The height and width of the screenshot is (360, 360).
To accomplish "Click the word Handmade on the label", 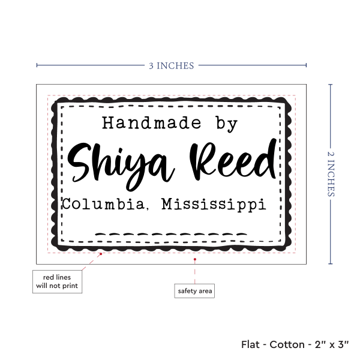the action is [152, 123].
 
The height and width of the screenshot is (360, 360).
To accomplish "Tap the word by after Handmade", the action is [226, 124].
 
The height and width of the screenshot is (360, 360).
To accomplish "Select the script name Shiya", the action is [121, 166].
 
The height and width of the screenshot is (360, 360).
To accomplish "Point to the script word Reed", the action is [233, 160].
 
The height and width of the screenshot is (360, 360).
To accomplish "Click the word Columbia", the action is [103, 203].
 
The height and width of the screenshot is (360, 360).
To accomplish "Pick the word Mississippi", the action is [214, 205].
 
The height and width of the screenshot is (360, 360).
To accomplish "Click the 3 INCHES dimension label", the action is [172, 66].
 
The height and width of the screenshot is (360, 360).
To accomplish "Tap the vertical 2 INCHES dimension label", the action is [331, 174].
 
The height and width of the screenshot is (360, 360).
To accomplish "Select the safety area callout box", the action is [194, 291].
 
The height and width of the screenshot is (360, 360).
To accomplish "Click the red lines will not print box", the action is [57, 281].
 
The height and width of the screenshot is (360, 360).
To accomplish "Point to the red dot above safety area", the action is [194, 259].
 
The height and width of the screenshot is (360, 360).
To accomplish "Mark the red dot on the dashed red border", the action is [101, 254].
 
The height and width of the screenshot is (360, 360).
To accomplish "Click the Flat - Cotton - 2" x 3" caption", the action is [295, 344].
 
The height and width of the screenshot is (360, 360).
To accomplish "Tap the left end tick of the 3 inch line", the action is [37, 65].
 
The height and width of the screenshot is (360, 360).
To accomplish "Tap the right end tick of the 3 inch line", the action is [306, 65].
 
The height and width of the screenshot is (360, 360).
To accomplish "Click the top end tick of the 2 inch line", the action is [331, 85].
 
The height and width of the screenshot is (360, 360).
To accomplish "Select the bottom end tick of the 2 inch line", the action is [331, 263].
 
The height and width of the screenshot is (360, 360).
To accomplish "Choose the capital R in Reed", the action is [203, 160].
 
